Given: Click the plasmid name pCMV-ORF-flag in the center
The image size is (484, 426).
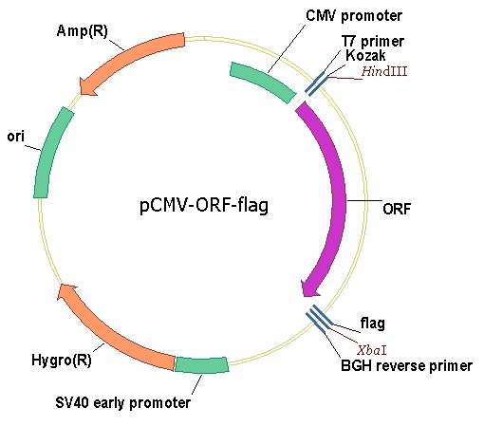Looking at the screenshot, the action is pyautogui.click(x=204, y=205).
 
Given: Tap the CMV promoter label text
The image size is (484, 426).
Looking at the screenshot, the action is pyautogui.click(x=354, y=16).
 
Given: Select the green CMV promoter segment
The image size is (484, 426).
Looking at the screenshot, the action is pyautogui.click(x=264, y=81).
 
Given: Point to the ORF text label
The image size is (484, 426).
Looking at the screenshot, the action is pyautogui.click(x=397, y=209).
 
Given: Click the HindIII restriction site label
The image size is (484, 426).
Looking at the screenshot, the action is pyautogui.click(x=384, y=71).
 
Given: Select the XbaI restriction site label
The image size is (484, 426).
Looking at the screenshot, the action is pyautogui.click(x=372, y=350).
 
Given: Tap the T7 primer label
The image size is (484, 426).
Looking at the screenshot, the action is pyautogui.click(x=373, y=42).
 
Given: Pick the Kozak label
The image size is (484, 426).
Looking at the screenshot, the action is pyautogui.click(x=365, y=55).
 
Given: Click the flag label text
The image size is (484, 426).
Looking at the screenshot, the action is pyautogui.click(x=373, y=324).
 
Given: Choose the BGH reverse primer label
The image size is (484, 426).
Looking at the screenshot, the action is pyautogui.click(x=406, y=365).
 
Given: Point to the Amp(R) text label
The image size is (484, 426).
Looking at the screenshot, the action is pyautogui.click(x=83, y=31).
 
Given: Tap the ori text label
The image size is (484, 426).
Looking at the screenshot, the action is pyautogui.click(x=16, y=137).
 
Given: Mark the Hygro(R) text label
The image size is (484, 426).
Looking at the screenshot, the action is pyautogui.click(x=62, y=360).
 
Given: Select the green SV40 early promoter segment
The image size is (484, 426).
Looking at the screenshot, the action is pyautogui.click(x=201, y=364).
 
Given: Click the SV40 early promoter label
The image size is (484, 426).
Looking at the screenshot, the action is pyautogui.click(x=123, y=402).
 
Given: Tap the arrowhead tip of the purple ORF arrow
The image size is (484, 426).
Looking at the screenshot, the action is pyautogui.click(x=305, y=296).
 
